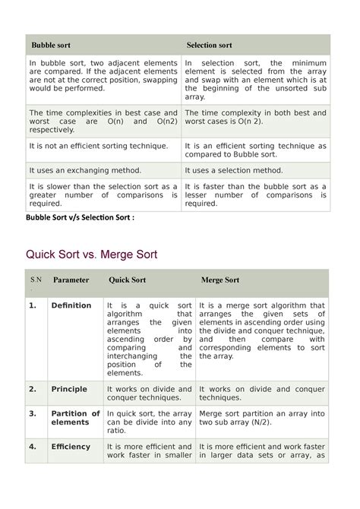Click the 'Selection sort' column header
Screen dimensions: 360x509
(x=210, y=46)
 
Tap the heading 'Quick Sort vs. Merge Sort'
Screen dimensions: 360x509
(x=92, y=254)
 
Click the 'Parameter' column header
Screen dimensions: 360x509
(x=71, y=280)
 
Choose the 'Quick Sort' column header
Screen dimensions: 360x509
(x=127, y=280)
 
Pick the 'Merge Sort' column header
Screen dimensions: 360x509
(x=220, y=280)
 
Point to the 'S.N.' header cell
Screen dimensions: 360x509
(x=35, y=283)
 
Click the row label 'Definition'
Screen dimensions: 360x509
(x=71, y=305)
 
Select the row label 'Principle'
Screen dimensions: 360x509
(x=69, y=389)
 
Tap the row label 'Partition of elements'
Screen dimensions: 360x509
(x=75, y=418)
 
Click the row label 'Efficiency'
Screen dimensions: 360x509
(x=71, y=447)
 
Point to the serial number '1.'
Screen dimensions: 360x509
(x=33, y=305)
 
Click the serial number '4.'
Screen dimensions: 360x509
(x=33, y=447)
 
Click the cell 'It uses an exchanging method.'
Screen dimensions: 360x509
(x=85, y=171)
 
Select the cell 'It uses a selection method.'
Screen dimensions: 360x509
(x=238, y=171)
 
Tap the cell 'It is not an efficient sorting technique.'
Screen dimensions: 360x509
(x=99, y=145)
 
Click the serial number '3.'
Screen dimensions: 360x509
(x=33, y=413)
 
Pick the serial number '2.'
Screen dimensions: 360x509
(x=33, y=389)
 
